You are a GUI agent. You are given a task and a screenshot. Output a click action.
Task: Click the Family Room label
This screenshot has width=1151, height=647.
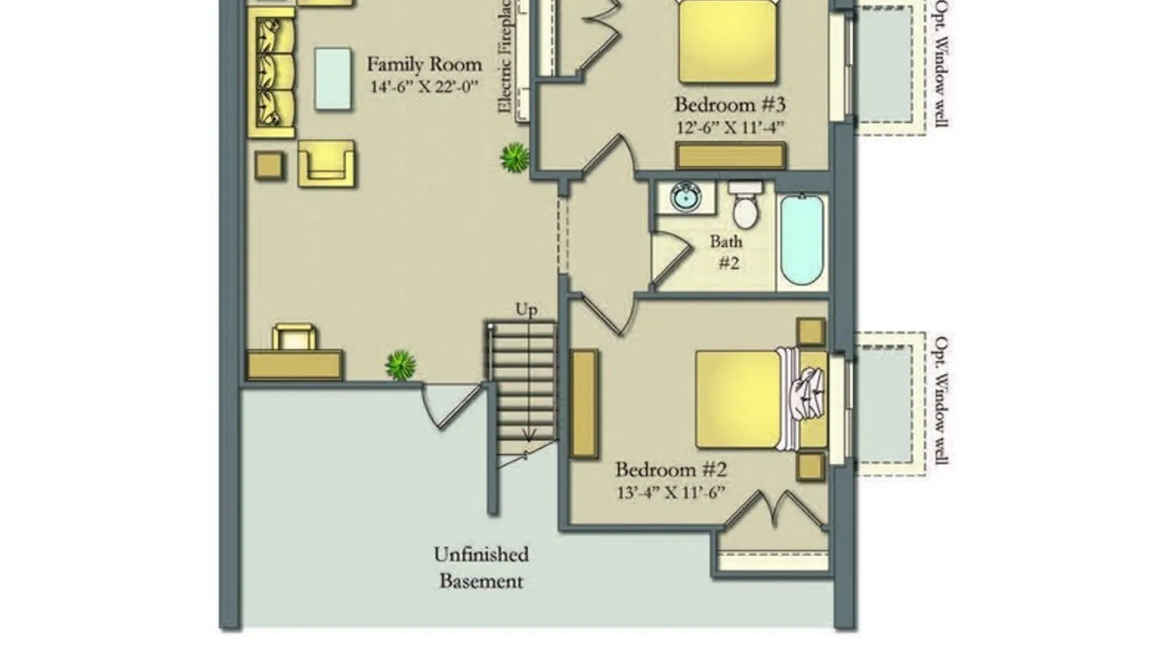coord(424,64)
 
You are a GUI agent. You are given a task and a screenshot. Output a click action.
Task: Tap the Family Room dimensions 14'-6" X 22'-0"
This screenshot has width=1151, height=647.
coord(424,87)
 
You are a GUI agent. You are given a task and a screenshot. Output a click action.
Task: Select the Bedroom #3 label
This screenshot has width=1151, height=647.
coord(730,104)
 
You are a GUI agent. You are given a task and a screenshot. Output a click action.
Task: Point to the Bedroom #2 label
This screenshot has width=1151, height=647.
coord(671,469)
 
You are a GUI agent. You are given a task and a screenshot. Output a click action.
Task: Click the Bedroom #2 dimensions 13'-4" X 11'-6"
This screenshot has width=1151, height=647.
coord(671,492)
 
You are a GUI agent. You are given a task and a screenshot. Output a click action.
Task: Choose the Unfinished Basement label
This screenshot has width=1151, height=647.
coord(481,567)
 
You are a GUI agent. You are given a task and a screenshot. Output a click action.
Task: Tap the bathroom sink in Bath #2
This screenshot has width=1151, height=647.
coord(686,198)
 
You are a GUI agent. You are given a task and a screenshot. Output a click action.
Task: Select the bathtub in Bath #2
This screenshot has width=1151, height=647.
coord(802,240)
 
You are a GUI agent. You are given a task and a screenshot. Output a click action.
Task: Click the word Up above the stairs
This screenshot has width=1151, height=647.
coord(526,310)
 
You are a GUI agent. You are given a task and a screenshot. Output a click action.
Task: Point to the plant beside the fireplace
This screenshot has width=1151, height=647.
coord(515,157)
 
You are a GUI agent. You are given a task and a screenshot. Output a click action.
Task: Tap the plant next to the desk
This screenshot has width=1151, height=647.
coord(400,365)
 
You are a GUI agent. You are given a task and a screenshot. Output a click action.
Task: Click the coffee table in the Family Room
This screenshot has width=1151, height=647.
coord(333,79)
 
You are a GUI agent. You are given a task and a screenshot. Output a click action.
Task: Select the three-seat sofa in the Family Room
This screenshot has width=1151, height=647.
coord(272,73)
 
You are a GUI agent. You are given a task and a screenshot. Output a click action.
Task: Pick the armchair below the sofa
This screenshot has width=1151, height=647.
coord(326,164)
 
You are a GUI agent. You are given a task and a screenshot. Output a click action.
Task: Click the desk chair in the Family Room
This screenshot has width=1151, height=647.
coord(294,337)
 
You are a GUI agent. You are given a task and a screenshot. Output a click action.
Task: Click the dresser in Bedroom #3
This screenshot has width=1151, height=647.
coord(731,156)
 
